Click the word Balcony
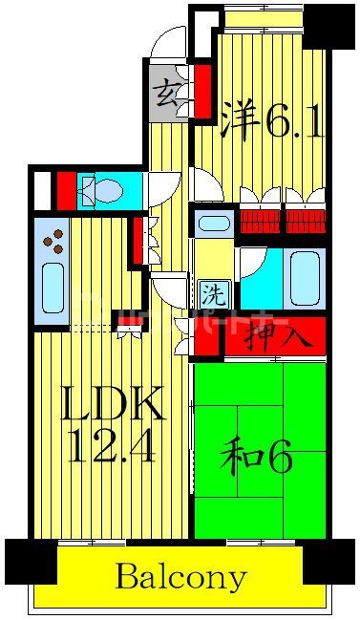[x=180, y=577]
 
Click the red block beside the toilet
[x=66, y=189]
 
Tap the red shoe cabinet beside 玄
[x=202, y=92]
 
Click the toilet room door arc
[x=161, y=185]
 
